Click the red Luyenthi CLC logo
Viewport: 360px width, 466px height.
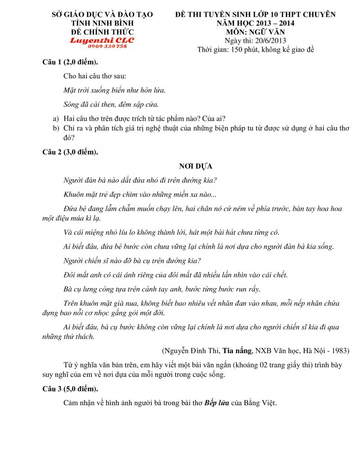(x=102, y=40)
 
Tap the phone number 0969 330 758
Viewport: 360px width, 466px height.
(x=108, y=46)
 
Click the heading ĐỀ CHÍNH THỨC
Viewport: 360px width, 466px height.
(x=102, y=32)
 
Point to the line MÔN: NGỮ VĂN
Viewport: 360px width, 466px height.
(x=255, y=32)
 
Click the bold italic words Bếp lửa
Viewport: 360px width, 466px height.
(x=216, y=403)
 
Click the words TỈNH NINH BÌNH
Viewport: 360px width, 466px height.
(x=102, y=23)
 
